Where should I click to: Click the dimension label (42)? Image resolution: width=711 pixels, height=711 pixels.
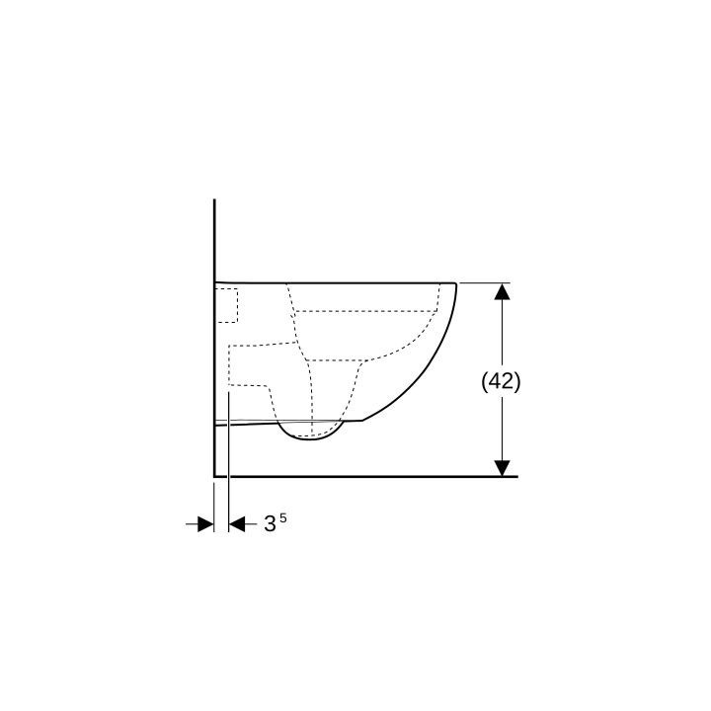click(x=501, y=382)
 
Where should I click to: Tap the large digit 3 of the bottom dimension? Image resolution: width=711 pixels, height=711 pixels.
click(x=270, y=524)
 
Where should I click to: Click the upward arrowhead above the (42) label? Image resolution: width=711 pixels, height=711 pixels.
click(x=502, y=291)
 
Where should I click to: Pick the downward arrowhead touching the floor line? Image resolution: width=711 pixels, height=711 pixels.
click(x=502, y=468)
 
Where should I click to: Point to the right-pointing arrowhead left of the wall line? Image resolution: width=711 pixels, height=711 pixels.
click(x=205, y=524)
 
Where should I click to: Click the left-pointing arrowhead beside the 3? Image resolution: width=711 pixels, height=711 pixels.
click(x=237, y=524)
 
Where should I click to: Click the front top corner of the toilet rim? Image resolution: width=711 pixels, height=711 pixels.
click(x=455, y=283)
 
